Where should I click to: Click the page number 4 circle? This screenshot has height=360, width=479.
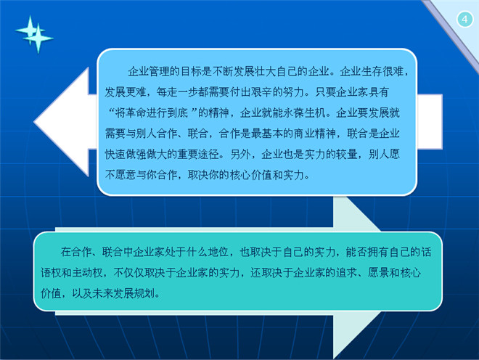tap(464, 20)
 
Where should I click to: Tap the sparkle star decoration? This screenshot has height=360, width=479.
tap(34, 34)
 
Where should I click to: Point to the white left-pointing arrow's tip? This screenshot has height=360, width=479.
tap(34, 122)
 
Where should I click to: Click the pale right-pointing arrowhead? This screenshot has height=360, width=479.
tap(357, 277)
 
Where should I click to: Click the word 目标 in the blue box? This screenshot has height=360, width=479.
tap(191, 72)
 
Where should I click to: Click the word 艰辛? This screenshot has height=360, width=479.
tap(261, 91)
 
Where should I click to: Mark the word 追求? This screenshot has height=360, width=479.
tap(346, 273)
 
